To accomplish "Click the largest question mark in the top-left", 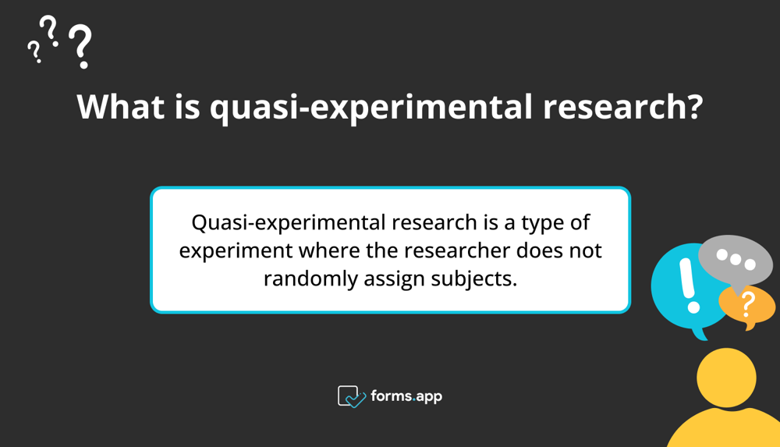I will tap(80, 46).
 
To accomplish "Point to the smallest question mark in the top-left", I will tap(33, 51).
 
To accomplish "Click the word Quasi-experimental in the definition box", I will tap(289, 222).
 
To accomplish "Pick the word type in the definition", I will tap(541, 222).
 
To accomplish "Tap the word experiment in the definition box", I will tap(235, 250).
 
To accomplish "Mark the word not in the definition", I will tap(584, 250).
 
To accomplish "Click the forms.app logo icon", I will tap(351, 396).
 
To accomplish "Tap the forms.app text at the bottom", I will tap(406, 396).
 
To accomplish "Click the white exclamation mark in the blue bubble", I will tap(687, 284).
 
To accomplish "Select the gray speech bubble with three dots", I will tap(734, 259).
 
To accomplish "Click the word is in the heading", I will tap(185, 107).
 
